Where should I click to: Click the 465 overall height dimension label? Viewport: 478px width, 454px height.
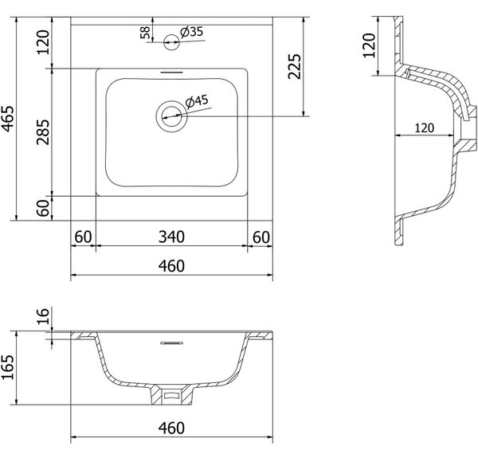[x=8, y=119]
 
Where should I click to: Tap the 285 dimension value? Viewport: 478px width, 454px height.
[x=43, y=132]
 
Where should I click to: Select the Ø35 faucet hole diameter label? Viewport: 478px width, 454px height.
[x=191, y=32]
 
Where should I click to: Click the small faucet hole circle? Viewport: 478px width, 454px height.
[x=171, y=42]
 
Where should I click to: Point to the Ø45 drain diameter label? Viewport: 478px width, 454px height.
[x=197, y=101]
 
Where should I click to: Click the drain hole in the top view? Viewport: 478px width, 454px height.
[x=171, y=116]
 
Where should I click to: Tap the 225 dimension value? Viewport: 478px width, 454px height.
[x=295, y=66]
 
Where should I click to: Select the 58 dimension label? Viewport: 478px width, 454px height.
[x=145, y=33]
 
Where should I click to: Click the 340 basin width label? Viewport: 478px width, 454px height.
[x=171, y=237]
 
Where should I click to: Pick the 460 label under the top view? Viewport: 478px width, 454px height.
[x=171, y=266]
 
